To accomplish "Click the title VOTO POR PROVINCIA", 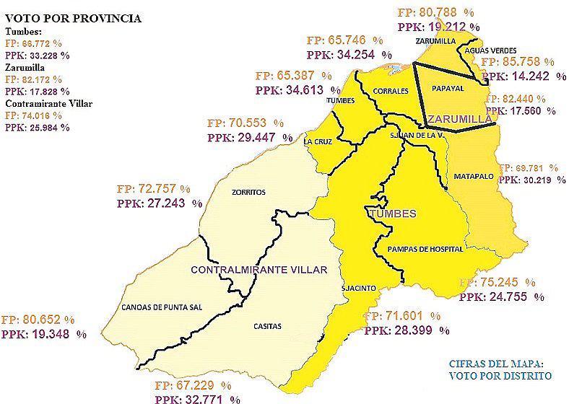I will point(73,18).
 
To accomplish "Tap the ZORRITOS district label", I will point(249,193).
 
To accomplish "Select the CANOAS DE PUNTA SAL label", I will point(162,307).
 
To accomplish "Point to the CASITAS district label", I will point(267,326).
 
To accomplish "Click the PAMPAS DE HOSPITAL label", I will point(425,249).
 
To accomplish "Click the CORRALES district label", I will point(392,91).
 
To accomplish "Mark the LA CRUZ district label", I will point(318,142).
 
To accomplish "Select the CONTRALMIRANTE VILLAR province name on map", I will point(259,270).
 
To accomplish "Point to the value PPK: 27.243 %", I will point(160,204).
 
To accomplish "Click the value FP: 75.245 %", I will point(498,282).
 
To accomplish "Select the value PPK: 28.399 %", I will point(407,330).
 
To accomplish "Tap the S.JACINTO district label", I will point(359,288).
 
